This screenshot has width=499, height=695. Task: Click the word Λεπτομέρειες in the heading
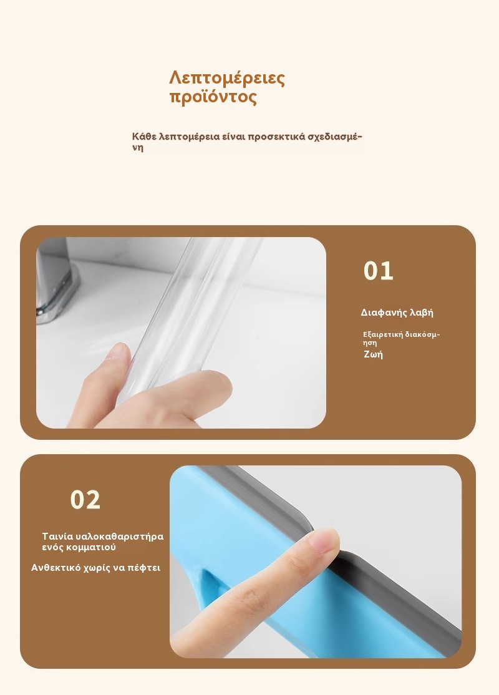[227, 78]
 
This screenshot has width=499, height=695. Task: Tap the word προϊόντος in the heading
[213, 97]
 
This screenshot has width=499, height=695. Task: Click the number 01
[379, 271]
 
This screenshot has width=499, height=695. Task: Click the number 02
[85, 500]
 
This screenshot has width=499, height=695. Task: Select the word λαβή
[422, 313]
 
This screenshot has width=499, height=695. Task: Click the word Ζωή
[373, 354]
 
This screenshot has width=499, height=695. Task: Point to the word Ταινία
[54, 537]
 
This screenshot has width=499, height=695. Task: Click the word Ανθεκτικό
[56, 568]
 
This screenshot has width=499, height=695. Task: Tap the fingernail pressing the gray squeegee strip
[324, 542]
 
